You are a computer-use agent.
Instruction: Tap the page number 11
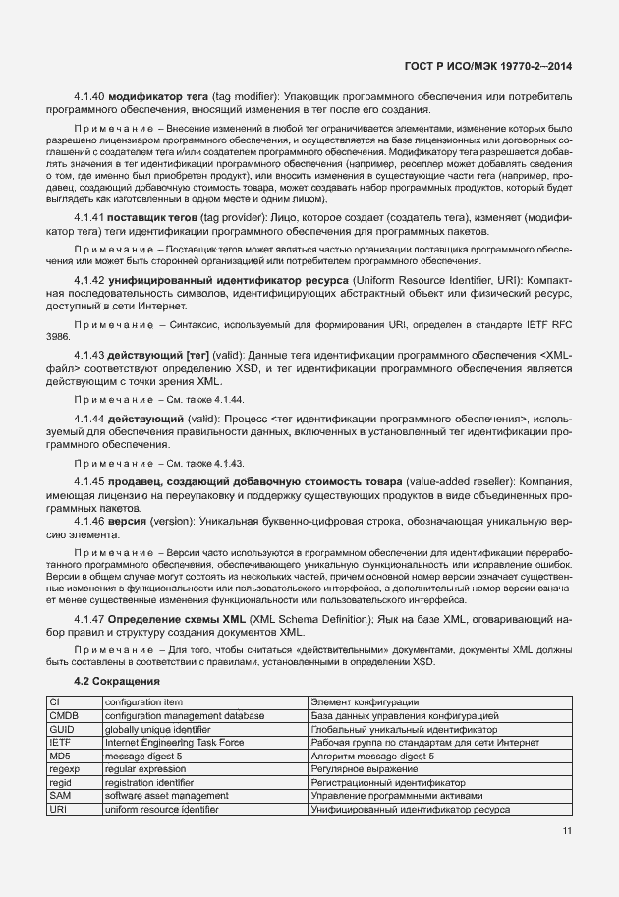567,831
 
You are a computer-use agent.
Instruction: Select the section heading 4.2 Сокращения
117,681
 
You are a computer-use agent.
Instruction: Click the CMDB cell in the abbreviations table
63,716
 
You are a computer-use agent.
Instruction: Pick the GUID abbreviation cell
62,730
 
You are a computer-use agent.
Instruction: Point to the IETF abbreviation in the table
60,744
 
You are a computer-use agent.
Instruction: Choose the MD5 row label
59,757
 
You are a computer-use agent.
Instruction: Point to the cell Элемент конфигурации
365,702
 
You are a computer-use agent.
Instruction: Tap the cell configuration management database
185,716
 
